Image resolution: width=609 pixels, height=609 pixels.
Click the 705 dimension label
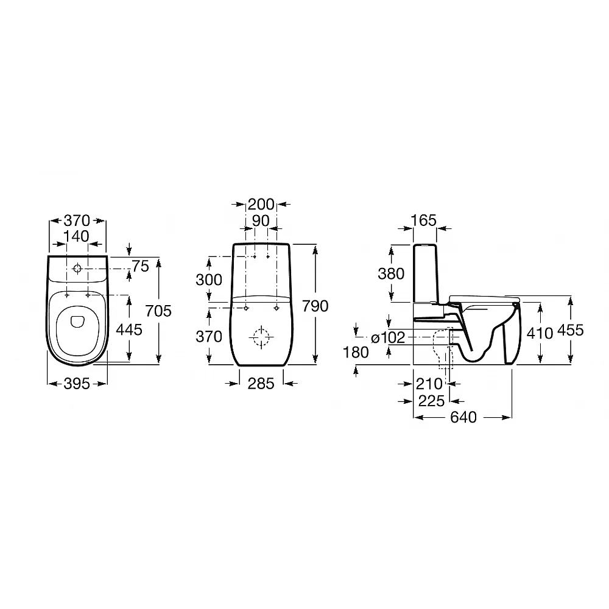[158, 311]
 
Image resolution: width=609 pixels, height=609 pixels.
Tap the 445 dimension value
[129, 329]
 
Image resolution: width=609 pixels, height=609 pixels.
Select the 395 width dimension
[77, 384]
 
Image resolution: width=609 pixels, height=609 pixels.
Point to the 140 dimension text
[77, 236]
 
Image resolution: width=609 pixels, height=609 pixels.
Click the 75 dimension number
[141, 267]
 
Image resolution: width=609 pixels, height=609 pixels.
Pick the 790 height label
[315, 306]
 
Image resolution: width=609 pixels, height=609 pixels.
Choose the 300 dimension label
[209, 280]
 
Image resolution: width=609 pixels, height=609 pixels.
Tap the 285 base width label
[261, 384]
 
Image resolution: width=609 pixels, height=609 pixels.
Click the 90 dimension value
[261, 220]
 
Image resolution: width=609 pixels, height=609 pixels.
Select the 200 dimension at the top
[261, 204]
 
